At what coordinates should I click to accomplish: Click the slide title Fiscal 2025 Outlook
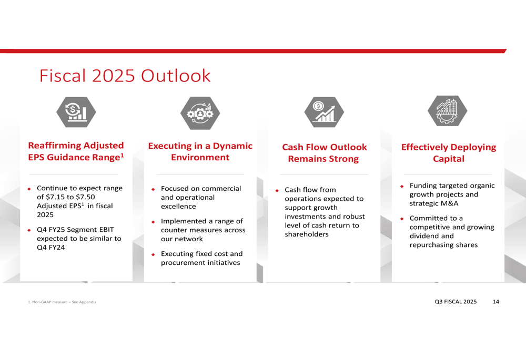pos(125,76)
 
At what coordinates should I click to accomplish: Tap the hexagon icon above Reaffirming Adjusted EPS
pos(76,112)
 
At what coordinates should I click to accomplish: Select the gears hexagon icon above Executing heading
pos(200,113)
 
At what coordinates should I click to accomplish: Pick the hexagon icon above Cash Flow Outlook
pos(324,112)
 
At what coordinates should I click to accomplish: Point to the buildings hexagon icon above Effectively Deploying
pos(448,111)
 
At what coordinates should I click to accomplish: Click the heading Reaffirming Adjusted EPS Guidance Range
pos(76,151)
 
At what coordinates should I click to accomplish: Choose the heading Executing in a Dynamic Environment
pos(200,151)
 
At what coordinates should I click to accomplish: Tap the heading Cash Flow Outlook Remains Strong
pos(324,153)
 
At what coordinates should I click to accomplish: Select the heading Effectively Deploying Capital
pos(449,153)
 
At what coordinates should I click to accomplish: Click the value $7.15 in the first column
pos(56,197)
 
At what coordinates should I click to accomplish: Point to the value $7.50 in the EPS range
pos(85,197)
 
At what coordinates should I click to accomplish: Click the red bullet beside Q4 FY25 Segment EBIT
pos(29,230)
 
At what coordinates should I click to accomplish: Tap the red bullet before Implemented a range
pos(153,222)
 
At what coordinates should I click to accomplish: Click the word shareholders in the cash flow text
pos(307,234)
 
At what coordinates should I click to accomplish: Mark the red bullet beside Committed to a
pos(402,219)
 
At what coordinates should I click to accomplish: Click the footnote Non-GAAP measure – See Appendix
pos(62,302)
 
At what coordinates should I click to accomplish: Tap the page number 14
pos(496,302)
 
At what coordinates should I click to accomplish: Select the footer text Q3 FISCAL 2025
pos(456,302)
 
